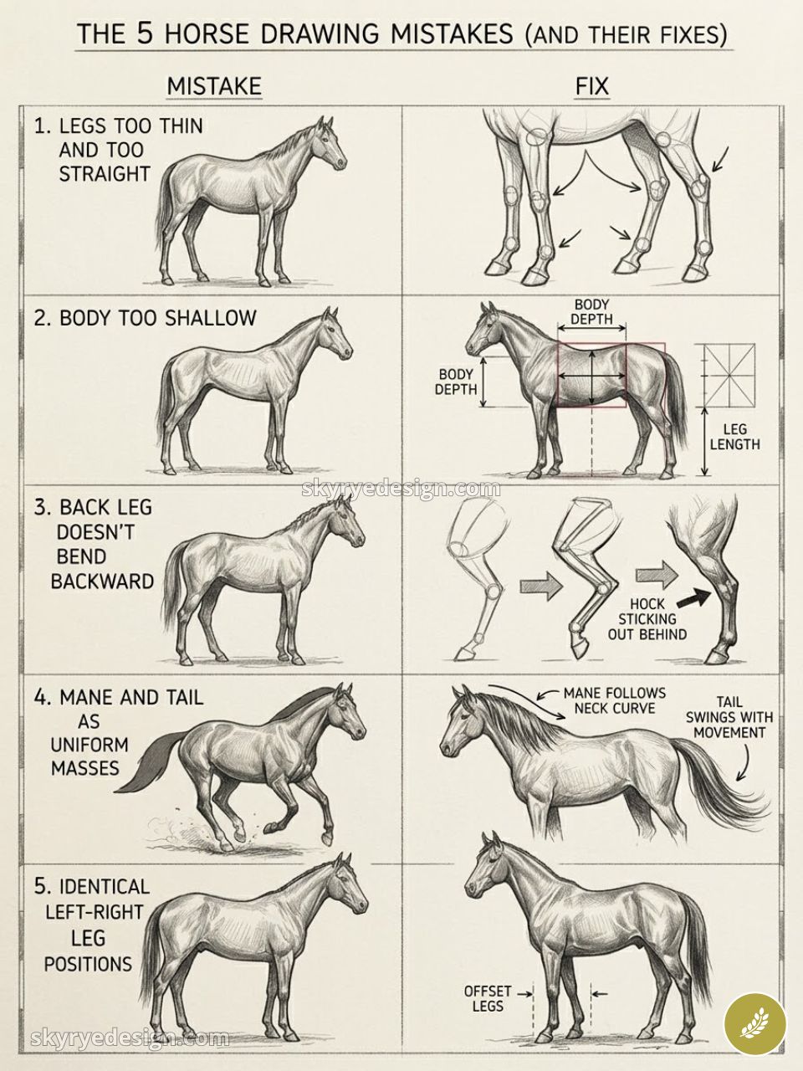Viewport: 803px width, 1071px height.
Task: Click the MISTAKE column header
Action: tap(214, 86)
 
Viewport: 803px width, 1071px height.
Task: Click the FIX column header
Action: tap(591, 86)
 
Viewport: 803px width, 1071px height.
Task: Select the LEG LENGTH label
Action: tap(734, 437)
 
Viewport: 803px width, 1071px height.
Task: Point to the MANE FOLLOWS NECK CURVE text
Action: tap(614, 700)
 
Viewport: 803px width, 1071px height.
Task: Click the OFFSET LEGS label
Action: tap(488, 998)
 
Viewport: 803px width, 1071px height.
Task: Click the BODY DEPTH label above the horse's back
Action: tap(592, 311)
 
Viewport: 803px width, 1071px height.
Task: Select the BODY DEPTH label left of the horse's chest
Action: tap(456, 382)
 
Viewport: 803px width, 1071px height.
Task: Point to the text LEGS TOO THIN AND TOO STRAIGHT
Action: tap(117, 151)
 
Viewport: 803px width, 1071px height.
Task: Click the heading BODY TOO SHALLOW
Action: tap(144, 318)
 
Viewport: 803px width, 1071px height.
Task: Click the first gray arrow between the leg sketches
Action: tap(537, 586)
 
